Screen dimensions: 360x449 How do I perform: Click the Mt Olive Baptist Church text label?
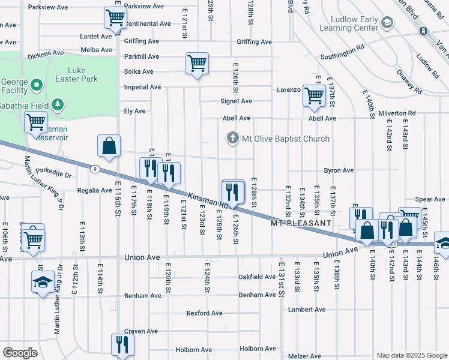coord(285,139)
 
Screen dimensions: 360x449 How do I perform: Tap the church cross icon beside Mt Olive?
coord(233,139)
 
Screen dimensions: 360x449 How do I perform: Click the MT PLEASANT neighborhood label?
coord(301,223)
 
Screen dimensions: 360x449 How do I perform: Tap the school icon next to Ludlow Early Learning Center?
coord(388,23)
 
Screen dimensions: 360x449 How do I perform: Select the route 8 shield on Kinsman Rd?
coord(95,169)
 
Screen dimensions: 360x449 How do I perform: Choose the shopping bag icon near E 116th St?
coord(109,146)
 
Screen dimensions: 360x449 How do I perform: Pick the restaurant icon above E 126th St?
coord(233,191)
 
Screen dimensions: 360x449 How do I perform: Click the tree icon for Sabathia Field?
coord(58,106)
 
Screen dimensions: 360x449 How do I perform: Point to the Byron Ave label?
coord(339,170)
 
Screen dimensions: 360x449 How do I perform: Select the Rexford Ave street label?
coord(204,313)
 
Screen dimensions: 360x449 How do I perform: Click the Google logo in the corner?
coord(20,353)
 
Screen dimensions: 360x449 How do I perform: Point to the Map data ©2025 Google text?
coord(411,355)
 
